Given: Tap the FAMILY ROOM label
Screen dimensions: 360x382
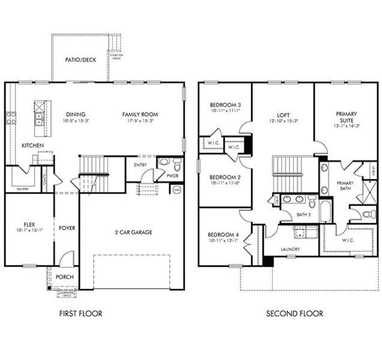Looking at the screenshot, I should (139, 114).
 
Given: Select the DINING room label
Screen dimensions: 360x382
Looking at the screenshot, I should (76, 114).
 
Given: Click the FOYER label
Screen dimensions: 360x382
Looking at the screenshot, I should (66, 227).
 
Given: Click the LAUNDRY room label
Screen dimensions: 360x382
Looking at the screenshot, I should (291, 249).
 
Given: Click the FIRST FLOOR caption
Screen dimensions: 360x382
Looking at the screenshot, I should (80, 313).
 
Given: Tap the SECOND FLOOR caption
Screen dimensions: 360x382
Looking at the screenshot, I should (295, 313).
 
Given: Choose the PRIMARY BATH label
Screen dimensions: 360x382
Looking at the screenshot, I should (345, 186).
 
